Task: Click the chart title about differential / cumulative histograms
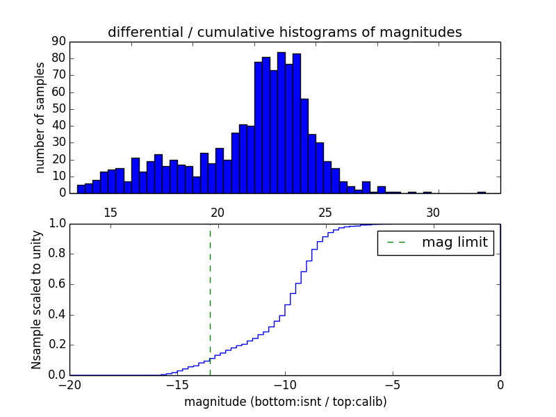click(284, 33)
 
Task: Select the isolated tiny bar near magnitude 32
click(482, 193)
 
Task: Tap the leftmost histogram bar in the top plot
click(81, 189)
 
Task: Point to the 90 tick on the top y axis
click(58, 42)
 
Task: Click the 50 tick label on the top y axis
click(58, 109)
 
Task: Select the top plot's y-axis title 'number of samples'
click(40, 117)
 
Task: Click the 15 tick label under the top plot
click(110, 211)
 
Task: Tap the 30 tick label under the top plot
click(433, 211)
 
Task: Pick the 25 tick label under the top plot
click(325, 211)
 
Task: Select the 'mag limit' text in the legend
click(455, 243)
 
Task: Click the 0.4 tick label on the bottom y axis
click(58, 315)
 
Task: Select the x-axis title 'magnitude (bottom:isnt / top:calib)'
click(285, 402)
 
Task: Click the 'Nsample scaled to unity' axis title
click(38, 300)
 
